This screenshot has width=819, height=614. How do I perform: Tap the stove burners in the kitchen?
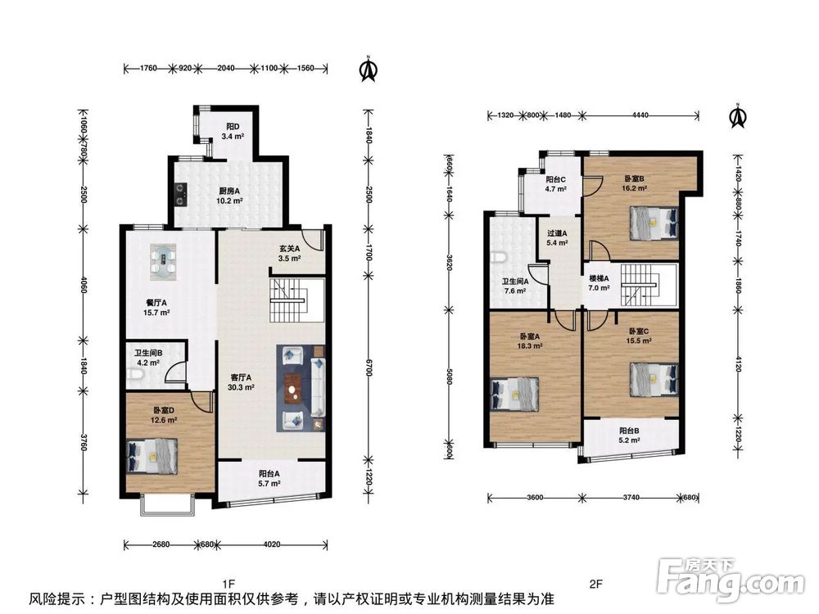(x=181, y=194)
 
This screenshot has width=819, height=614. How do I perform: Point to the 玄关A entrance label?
(x=289, y=253)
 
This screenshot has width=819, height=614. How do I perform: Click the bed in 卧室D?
(x=152, y=456)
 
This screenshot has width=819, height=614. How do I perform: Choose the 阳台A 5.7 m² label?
(x=269, y=478)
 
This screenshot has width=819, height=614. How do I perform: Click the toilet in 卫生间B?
(x=133, y=375)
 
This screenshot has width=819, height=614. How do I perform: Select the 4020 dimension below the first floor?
(x=272, y=544)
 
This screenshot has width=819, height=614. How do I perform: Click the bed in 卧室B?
(x=654, y=223)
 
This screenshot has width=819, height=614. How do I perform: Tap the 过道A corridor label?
(x=557, y=238)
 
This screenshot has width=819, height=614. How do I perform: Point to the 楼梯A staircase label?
(x=599, y=283)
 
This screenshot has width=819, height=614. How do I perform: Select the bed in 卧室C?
(x=654, y=379)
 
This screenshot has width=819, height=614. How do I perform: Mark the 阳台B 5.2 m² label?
(x=629, y=436)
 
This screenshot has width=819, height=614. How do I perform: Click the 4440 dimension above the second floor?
(x=640, y=115)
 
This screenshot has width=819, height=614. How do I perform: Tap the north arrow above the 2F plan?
(x=737, y=115)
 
